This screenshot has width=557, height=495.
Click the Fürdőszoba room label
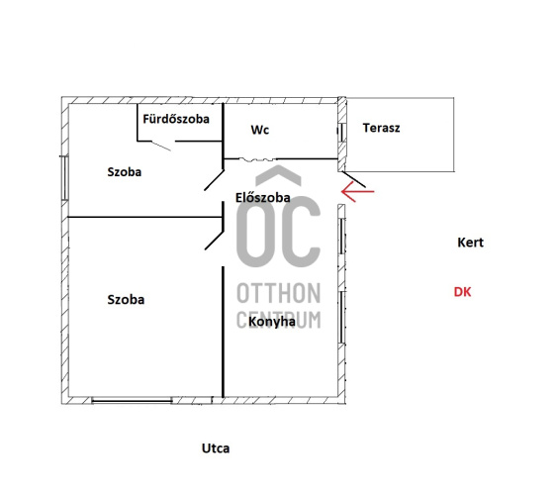[176, 119]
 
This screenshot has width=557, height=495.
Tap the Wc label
[259, 130]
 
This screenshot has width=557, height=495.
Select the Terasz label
[381, 128]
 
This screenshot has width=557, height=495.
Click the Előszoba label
[263, 197]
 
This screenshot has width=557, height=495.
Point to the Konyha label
[272, 322]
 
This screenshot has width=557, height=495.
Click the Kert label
[470, 243]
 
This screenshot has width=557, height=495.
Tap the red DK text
[462, 292]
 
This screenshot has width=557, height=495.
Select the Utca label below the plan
[216, 448]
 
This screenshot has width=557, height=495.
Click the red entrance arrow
[357, 191]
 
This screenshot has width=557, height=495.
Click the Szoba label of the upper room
[125, 172]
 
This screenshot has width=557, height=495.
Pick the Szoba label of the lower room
[126, 300]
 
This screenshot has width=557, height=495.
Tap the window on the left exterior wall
[64, 177]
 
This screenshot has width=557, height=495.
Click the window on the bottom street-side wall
[132, 401]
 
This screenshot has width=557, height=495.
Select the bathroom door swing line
[161, 146]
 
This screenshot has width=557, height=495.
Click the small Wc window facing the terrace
[340, 133]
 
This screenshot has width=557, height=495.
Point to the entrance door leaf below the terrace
[354, 179]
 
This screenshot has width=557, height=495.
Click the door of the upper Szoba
[214, 180]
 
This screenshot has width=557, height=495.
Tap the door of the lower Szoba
[215, 241]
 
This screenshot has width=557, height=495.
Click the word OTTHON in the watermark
[279, 293]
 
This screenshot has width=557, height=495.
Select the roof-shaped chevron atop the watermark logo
[279, 175]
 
